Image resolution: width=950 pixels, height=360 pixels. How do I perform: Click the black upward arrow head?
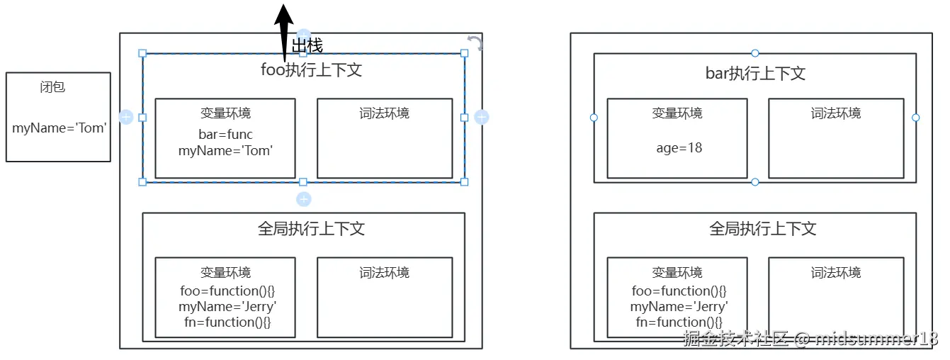(x=284, y=16)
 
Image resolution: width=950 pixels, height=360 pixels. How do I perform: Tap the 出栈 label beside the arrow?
(x=307, y=45)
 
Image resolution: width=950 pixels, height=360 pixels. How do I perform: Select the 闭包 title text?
(x=52, y=87)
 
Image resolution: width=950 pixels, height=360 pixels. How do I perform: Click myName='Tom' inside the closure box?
(x=60, y=128)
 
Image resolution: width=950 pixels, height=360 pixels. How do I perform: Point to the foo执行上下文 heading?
(x=311, y=70)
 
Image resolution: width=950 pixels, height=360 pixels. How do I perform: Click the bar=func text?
(x=225, y=135)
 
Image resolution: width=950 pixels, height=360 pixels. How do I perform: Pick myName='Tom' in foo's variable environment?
(x=225, y=150)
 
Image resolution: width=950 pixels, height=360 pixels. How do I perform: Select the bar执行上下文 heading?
(x=755, y=74)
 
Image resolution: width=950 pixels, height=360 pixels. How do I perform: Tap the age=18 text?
(x=679, y=147)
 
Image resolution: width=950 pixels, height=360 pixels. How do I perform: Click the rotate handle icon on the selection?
(x=475, y=43)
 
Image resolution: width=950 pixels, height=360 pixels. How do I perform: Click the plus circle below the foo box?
(x=304, y=199)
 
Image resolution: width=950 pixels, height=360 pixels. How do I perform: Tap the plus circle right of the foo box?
(x=481, y=117)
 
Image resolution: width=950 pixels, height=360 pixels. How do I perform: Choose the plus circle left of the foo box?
(x=126, y=117)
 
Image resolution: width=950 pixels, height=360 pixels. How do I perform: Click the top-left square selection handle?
(x=142, y=53)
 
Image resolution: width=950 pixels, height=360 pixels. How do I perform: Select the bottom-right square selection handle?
(x=465, y=182)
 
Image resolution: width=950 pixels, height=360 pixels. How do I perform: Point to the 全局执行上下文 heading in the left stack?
(x=311, y=229)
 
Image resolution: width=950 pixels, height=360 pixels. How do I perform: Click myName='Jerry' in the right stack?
(x=679, y=307)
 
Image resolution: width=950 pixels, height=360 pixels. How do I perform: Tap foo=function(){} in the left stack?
(x=227, y=291)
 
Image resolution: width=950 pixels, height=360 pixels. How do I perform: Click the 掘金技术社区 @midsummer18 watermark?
(x=810, y=338)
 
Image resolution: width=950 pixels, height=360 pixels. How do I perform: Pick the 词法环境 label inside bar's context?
(x=836, y=113)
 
